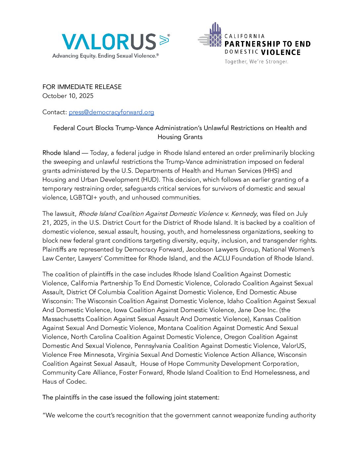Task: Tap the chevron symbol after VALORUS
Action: (x=164, y=40)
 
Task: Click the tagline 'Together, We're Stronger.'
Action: (x=256, y=62)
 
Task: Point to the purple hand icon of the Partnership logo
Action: (x=215, y=35)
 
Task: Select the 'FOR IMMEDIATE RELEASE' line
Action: (x=82, y=87)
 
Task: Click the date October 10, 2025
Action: (x=68, y=96)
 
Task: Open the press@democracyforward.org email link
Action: (x=111, y=112)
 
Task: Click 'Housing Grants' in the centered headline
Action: (x=180, y=137)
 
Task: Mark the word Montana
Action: (x=170, y=328)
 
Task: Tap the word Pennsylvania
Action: (x=153, y=346)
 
